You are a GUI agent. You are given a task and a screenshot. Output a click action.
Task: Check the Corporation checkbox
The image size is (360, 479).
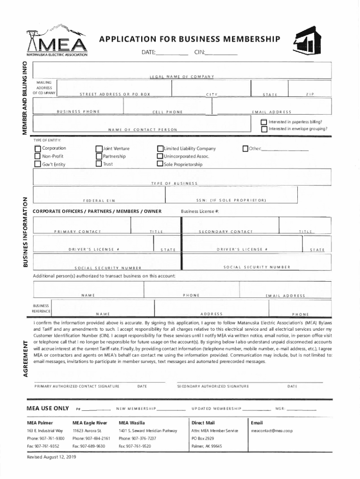coord(37,149)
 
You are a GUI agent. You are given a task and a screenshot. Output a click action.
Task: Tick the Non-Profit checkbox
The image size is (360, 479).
coord(37,156)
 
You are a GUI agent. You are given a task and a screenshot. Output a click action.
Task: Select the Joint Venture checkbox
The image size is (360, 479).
coord(99,149)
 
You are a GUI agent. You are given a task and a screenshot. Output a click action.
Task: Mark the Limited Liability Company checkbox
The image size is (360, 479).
coord(160,149)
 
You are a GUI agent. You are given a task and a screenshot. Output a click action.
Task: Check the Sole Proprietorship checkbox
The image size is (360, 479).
coord(160,164)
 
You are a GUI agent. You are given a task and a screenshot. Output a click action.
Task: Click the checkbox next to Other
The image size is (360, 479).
coord(245,149)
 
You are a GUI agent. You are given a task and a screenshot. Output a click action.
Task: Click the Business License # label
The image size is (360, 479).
coord(200,211)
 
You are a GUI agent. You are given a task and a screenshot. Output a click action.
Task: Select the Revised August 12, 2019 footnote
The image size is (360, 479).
coord(51,457)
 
